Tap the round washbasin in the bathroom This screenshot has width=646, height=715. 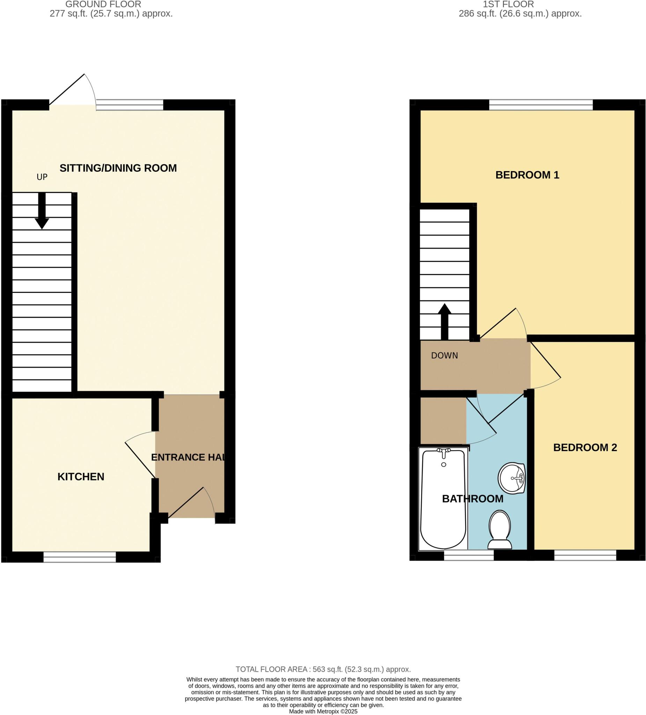click(511, 478)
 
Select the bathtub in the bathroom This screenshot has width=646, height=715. click(443, 500)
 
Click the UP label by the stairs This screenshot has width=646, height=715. click(42, 177)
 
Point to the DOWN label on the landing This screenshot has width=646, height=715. click(444, 355)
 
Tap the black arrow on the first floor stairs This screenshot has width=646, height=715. click(445, 321)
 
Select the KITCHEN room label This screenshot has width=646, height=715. click(81, 477)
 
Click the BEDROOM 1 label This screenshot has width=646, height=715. click(527, 175)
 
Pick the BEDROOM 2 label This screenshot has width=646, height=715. click(585, 448)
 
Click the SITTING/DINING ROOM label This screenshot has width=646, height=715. click(118, 168)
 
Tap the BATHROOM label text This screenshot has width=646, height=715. click(472, 499)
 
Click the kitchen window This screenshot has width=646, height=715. click(80, 557)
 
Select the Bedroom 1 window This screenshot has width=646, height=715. click(541, 105)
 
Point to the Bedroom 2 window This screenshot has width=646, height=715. click(585, 555)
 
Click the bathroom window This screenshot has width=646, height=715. click(469, 555)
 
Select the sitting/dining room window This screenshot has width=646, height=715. click(130, 105)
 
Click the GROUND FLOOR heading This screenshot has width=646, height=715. click(103, 4)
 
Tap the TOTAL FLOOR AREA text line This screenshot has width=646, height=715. click(323, 669)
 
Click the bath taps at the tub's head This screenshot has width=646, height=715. click(443, 451)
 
